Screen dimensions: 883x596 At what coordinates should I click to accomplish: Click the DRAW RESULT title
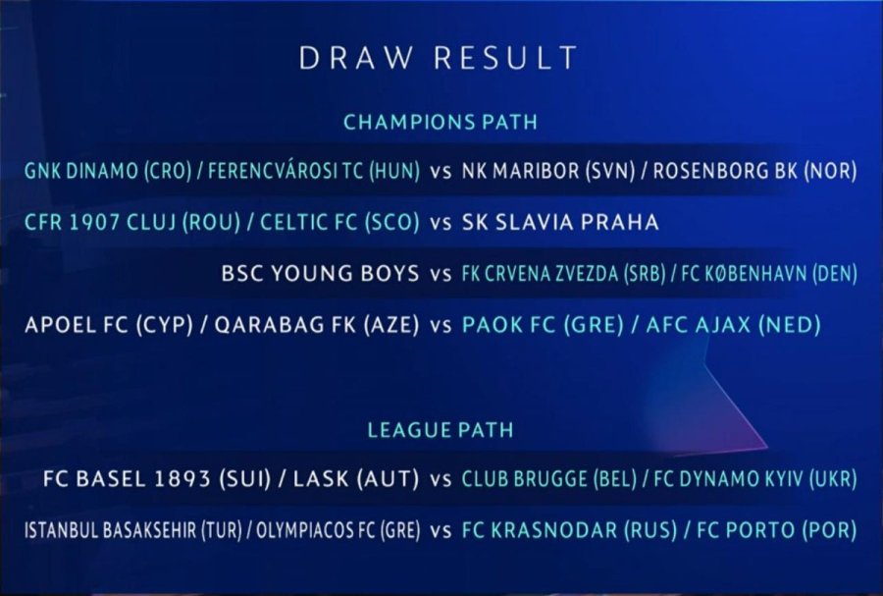439,58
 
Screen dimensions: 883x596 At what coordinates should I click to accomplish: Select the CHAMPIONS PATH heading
441,122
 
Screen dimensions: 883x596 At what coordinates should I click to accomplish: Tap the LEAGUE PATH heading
441,430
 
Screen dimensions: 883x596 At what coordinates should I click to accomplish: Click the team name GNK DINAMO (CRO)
108,171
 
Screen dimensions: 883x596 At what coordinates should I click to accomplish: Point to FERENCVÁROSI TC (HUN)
314,171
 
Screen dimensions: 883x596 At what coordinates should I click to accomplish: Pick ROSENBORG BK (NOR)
754,171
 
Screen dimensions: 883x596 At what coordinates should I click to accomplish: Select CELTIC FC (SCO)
339,222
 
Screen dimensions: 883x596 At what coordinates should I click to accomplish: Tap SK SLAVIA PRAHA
560,222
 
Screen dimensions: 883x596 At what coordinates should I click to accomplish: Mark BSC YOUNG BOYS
321,274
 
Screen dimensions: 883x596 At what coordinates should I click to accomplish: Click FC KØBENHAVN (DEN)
769,274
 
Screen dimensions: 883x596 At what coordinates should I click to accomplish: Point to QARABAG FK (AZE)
317,325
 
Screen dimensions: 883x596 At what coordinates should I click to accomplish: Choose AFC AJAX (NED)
733,325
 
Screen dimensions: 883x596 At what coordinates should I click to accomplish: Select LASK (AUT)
356,479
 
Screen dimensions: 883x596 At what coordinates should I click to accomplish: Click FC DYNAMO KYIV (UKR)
755,479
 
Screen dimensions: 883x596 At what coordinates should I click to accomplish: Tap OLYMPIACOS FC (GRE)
338,530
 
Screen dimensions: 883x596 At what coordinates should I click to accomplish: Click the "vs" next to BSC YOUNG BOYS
441,275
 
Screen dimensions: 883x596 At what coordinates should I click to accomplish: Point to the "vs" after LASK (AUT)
441,480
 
